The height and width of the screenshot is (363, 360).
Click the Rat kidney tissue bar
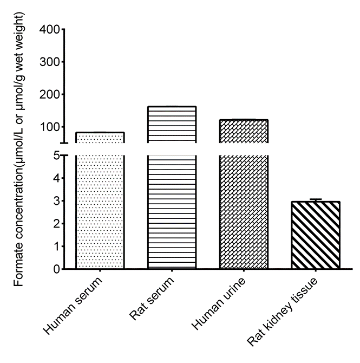(316, 235)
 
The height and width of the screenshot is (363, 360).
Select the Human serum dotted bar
(100, 211)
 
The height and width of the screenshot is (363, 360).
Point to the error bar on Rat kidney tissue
(316, 200)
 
